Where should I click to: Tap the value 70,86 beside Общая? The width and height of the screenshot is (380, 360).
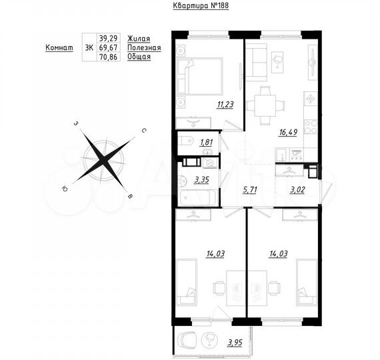click(x=107, y=57)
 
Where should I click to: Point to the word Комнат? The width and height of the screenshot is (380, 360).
click(x=59, y=48)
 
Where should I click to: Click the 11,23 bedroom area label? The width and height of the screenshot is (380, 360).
click(x=206, y=103)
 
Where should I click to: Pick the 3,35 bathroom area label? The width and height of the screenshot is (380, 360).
click(x=201, y=179)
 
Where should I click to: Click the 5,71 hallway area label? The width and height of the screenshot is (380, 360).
click(x=249, y=189)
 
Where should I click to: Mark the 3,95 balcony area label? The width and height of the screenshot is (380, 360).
click(x=234, y=343)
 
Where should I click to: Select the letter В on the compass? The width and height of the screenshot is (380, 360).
click(x=131, y=196)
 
